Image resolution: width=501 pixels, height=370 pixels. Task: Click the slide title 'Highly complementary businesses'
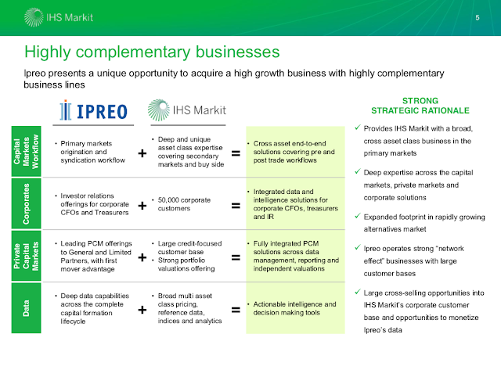[152, 53]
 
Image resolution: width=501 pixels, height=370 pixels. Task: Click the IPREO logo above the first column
[92, 110]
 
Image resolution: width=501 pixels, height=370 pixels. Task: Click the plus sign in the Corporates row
[142, 206]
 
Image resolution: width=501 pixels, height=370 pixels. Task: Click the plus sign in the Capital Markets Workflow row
[142, 154]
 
